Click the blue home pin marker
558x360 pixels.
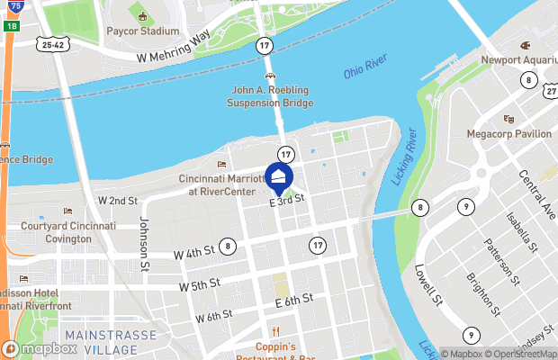(279, 177)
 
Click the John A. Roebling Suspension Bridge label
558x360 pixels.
(272, 96)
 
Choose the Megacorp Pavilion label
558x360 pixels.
(508, 133)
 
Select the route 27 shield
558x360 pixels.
(551, 92)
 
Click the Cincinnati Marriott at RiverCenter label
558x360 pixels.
(221, 184)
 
